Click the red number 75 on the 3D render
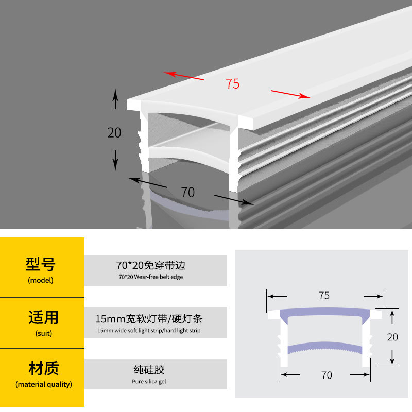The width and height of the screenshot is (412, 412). (x=233, y=83)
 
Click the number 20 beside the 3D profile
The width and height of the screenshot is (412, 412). (x=114, y=132)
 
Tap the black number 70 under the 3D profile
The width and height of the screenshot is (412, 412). (x=188, y=192)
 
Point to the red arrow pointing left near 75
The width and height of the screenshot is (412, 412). (x=184, y=76)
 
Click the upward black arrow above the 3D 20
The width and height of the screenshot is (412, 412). (x=115, y=98)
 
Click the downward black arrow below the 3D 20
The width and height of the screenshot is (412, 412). (x=115, y=161)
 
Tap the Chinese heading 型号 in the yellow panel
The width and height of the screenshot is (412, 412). (x=40, y=264)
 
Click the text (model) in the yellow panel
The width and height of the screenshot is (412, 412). (x=40, y=281)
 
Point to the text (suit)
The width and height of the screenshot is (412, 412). (x=40, y=333)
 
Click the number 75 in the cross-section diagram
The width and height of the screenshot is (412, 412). (x=324, y=296)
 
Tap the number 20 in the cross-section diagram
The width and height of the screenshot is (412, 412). (x=392, y=337)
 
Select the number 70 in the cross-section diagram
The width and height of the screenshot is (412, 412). (x=327, y=375)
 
